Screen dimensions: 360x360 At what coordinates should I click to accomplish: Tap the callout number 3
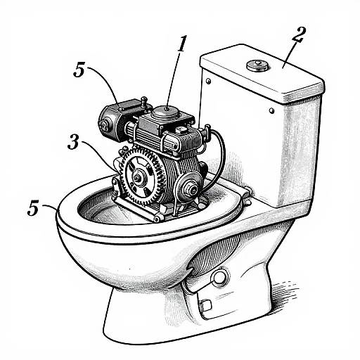(75, 142)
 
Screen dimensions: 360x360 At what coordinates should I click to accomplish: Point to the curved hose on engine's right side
(219, 151)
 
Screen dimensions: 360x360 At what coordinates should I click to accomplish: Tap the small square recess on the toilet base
(204, 305)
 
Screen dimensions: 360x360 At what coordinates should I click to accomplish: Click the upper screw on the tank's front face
(210, 83)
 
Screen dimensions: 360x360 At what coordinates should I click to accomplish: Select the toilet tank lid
(260, 74)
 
